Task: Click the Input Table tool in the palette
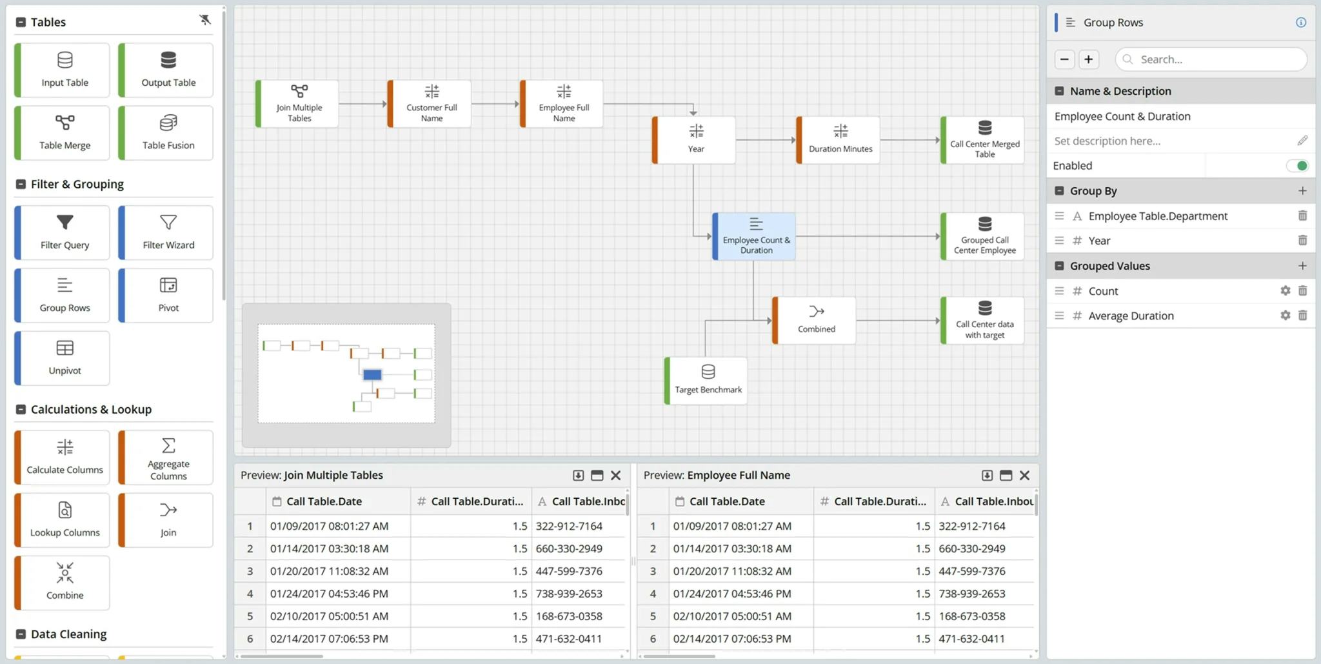pos(64,70)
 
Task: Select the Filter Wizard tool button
pos(168,232)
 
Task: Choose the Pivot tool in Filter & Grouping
pos(168,295)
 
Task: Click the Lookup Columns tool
pos(64,519)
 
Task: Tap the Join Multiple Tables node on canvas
pos(299,103)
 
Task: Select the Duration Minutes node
pos(840,139)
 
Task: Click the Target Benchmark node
pos(708,380)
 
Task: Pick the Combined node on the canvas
pos(816,319)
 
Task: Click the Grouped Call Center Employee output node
pos(984,236)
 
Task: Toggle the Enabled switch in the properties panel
pos(1296,166)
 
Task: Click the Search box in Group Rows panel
pos(1213,59)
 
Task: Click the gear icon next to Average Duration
pos(1285,316)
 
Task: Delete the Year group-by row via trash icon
pos(1302,241)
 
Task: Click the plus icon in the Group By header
pos(1302,191)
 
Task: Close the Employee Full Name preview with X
pos(1024,476)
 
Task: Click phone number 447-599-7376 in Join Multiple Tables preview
pos(569,571)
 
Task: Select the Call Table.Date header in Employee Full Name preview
pos(726,501)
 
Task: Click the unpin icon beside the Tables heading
pos(205,20)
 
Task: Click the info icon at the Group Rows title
pos(1301,23)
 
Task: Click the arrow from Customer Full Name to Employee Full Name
pos(495,104)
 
